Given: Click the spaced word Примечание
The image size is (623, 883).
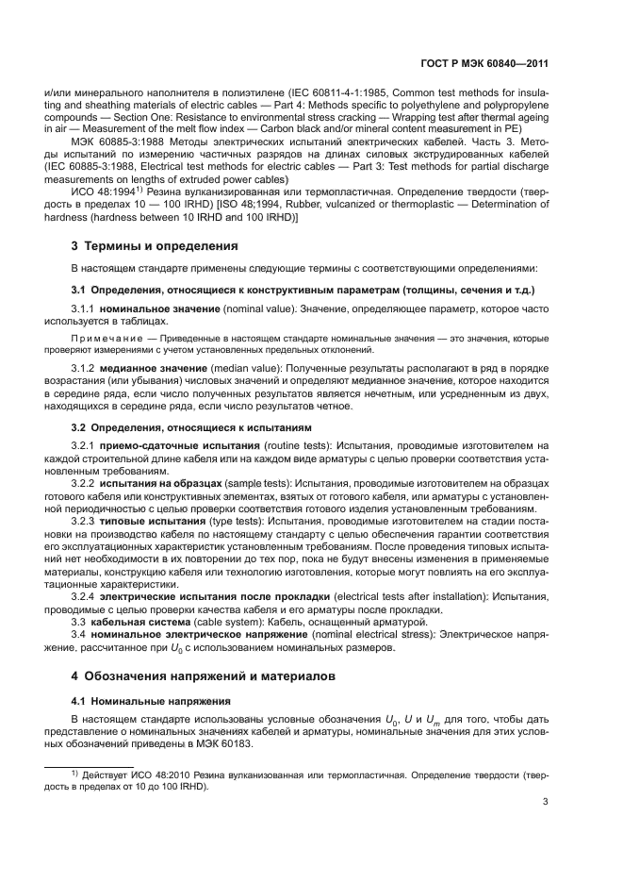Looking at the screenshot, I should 104,338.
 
